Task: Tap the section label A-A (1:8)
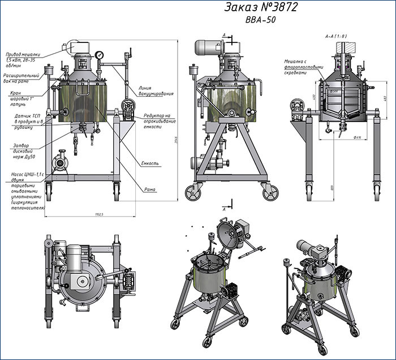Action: pos(335,36)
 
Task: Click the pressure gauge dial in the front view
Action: pos(100,55)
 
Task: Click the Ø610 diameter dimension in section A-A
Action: pos(341,136)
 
